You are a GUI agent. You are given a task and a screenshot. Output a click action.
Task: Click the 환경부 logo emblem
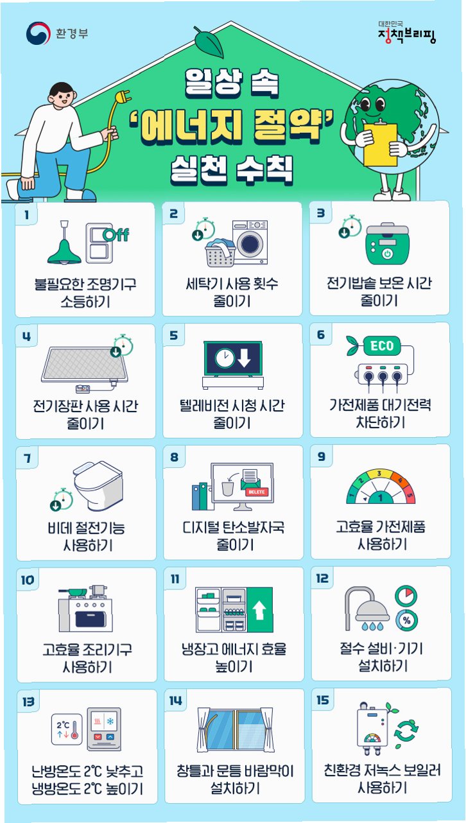[38, 33]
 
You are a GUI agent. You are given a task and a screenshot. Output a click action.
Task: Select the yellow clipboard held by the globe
[380, 144]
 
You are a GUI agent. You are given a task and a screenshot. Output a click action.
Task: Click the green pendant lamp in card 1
[64, 243]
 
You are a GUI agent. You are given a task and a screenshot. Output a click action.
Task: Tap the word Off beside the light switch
[116, 235]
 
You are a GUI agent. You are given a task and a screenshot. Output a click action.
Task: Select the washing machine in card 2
[250, 243]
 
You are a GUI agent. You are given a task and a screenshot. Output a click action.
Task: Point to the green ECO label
[381, 346]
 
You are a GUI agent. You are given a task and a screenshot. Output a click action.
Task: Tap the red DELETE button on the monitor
[257, 492]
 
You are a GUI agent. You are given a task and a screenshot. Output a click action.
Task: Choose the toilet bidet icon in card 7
[98, 485]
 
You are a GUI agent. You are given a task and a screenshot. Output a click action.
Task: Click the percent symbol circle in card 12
[406, 621]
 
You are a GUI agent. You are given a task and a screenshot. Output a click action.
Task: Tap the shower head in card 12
[372, 612]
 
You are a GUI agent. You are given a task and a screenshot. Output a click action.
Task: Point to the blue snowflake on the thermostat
[110, 722]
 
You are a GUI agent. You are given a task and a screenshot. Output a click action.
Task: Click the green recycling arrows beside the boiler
[406, 731]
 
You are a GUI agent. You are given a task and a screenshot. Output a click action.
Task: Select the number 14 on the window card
[175, 700]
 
